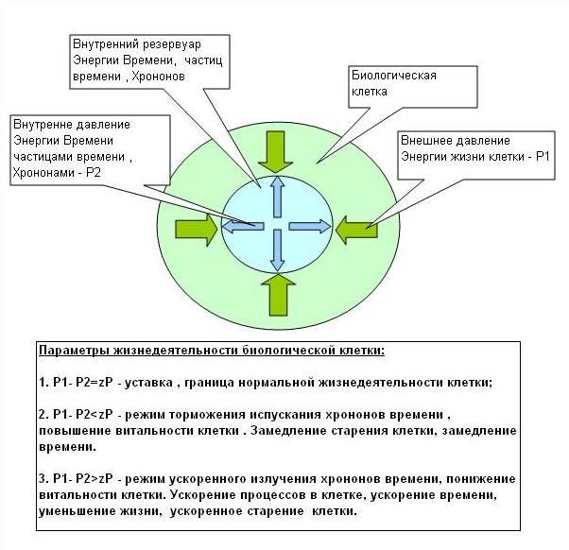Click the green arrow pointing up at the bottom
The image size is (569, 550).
276,294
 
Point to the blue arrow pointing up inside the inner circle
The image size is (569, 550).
277,198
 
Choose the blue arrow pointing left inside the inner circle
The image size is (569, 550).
243,226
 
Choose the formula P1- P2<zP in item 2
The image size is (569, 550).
90,414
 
